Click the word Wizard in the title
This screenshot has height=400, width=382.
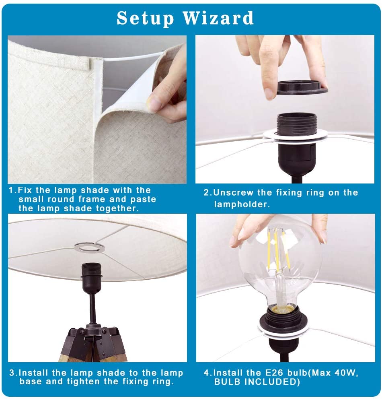(218, 18)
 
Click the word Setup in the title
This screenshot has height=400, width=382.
(145, 19)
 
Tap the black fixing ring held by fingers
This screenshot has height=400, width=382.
(302, 88)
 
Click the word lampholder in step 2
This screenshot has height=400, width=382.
(240, 204)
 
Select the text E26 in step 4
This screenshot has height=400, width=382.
(274, 373)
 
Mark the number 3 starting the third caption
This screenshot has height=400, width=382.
(12, 373)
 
